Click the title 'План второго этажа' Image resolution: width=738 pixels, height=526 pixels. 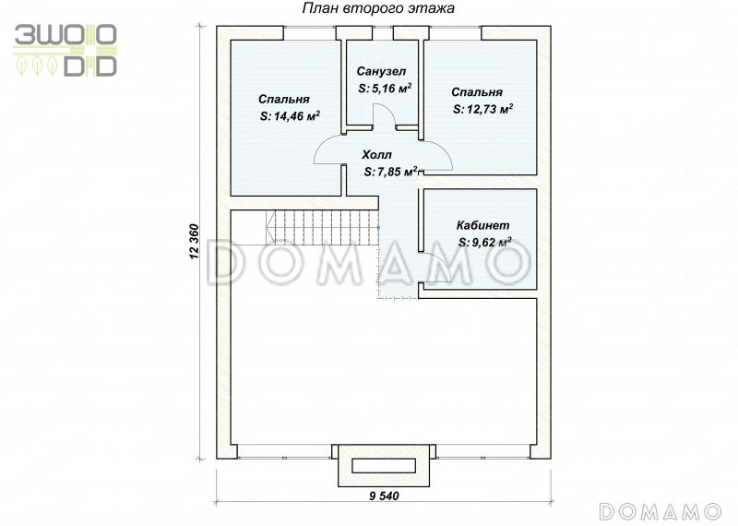378,8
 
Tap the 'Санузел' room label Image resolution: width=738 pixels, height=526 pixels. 381,71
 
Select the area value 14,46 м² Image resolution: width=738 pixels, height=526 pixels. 290,116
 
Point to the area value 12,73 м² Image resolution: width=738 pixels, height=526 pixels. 482,109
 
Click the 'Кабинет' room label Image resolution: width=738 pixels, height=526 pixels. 482,225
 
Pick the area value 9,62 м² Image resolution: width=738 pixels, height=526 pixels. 485,242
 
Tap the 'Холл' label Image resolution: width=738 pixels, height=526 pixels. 376,154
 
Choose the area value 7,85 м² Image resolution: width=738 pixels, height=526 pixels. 391,172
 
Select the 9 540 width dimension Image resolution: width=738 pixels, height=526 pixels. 384,496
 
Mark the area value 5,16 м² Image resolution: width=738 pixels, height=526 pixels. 385,88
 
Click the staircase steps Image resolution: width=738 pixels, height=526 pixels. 322,227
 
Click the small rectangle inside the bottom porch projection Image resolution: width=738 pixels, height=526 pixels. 384,466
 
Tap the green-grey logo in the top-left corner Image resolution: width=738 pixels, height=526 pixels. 65,51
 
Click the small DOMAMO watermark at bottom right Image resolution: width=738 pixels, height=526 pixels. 661,511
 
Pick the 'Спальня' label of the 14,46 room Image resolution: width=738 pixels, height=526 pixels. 284,99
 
